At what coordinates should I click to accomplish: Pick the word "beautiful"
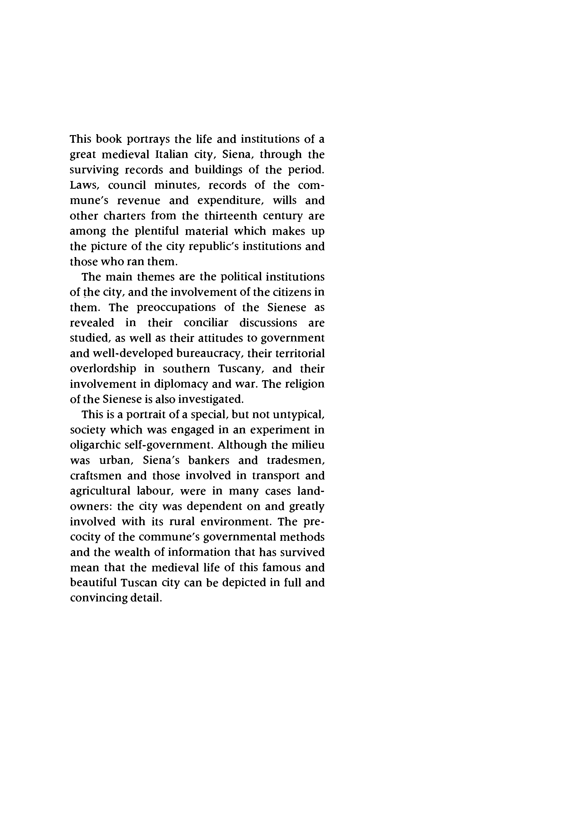(93, 583)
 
